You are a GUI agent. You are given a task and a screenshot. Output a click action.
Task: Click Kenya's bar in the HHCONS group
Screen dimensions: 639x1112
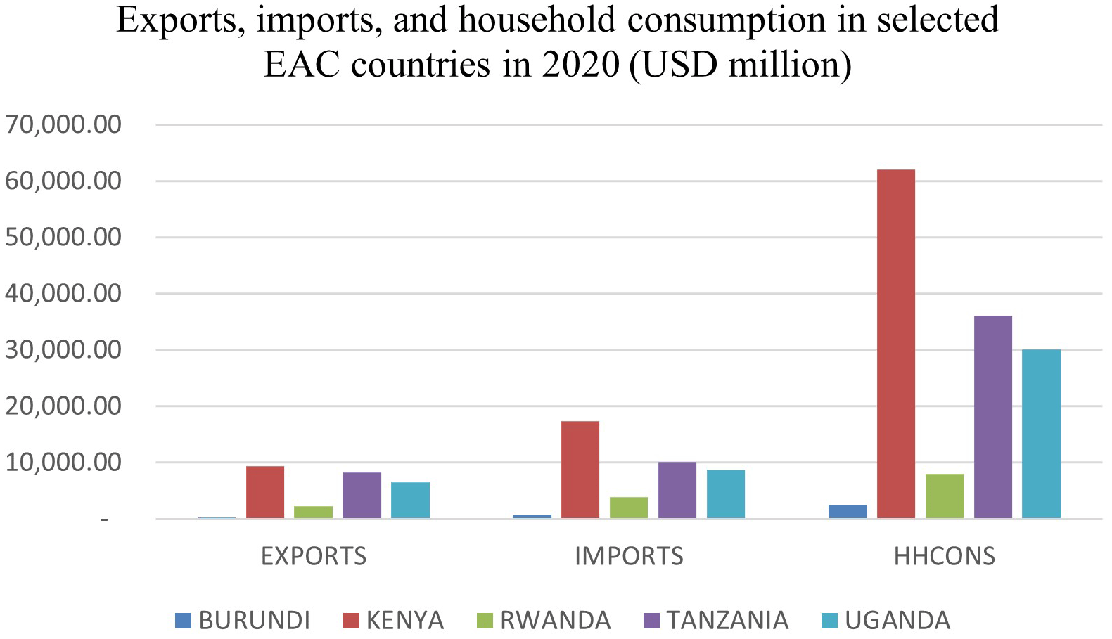[895, 344]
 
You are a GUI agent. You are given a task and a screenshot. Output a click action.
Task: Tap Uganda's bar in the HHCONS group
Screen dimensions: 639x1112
[1041, 434]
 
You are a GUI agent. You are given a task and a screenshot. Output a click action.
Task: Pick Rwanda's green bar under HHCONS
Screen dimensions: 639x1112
[944, 496]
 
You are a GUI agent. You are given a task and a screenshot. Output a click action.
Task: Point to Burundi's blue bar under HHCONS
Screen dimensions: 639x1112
[847, 512]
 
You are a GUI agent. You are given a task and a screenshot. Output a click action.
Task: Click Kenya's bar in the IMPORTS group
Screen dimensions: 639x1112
[580, 470]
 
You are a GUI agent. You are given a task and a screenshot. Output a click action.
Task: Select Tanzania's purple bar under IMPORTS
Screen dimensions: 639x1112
[677, 490]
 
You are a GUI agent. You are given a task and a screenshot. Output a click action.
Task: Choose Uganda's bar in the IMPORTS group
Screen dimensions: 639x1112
[725, 494]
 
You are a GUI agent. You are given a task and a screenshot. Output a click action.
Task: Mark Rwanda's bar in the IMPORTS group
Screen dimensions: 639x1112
[628, 508]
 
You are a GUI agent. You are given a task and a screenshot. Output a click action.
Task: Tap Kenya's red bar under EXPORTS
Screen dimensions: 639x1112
[265, 492]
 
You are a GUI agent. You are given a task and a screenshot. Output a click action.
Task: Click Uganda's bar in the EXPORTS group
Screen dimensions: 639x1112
[410, 501]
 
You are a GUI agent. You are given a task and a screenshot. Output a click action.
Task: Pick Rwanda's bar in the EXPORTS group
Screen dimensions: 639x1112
[313, 512]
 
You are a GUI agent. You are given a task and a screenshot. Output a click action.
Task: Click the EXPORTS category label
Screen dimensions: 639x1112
[314, 556]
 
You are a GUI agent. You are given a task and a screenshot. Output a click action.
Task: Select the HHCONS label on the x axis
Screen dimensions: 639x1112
[944, 556]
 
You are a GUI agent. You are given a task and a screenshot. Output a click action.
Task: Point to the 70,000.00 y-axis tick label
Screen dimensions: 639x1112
[63, 124]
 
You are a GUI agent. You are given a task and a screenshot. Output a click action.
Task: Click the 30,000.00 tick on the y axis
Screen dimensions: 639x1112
[63, 349]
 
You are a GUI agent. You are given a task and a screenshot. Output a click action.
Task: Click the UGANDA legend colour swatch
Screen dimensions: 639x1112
[830, 621]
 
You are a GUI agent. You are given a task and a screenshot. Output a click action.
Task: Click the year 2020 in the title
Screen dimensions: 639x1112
[580, 65]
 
